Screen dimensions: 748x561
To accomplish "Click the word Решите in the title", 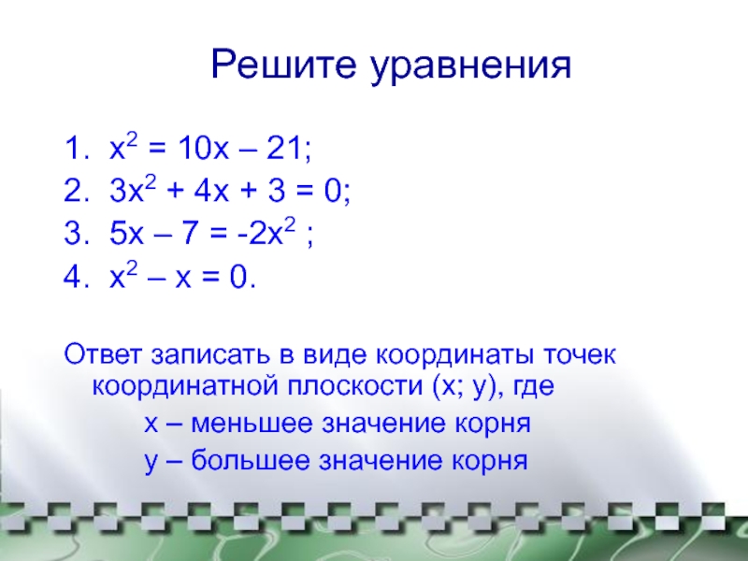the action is (x=283, y=64).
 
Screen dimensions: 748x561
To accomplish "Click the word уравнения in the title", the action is (x=471, y=66).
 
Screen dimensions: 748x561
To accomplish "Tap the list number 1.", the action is (x=77, y=148).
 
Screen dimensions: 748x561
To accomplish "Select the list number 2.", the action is (x=77, y=191).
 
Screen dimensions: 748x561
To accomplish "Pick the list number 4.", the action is (x=77, y=277).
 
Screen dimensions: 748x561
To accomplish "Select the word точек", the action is (x=579, y=355).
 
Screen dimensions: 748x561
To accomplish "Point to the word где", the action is (x=533, y=386).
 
